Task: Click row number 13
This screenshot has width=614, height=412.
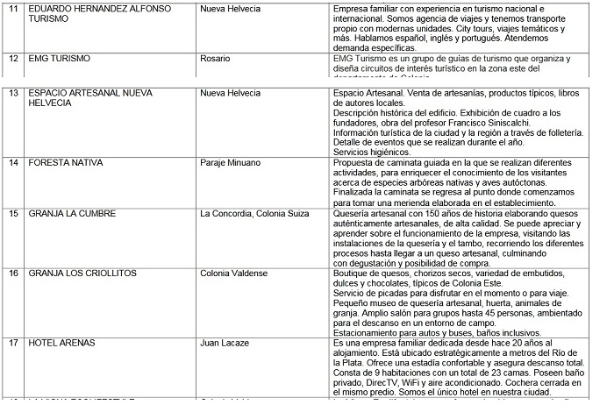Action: click(x=13, y=92)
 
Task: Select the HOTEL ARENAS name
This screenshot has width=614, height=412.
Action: click(x=62, y=344)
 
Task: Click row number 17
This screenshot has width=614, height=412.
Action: click(x=13, y=344)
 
